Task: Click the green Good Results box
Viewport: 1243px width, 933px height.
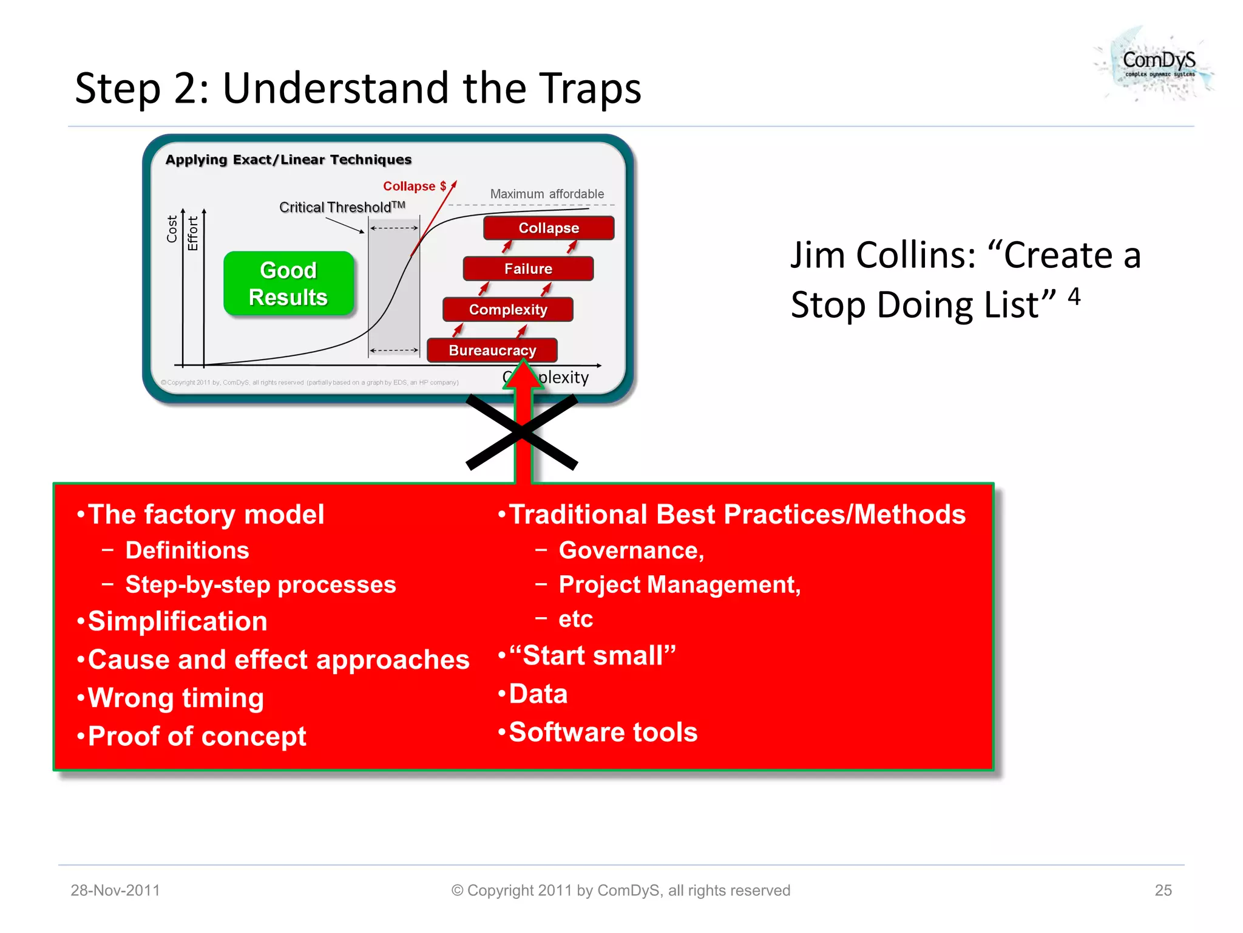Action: pyautogui.click(x=288, y=284)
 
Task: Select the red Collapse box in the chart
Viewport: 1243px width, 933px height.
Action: pyautogui.click(x=549, y=228)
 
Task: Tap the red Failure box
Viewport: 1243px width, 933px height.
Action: pyautogui.click(x=528, y=268)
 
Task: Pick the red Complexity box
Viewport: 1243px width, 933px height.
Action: pyautogui.click(x=508, y=309)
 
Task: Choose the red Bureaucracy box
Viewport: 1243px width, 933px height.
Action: pyautogui.click(x=492, y=350)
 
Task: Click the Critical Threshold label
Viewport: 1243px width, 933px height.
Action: pyautogui.click(x=341, y=207)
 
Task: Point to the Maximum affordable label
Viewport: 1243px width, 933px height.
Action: pyautogui.click(x=547, y=194)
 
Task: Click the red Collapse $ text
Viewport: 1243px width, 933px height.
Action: pyautogui.click(x=415, y=186)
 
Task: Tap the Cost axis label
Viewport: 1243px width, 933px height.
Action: pyautogui.click(x=172, y=229)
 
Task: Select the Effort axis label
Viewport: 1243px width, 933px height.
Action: pyautogui.click(x=193, y=233)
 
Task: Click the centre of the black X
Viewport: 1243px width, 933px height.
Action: pyautogui.click(x=522, y=432)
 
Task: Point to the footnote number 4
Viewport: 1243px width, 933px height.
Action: pyautogui.click(x=1074, y=296)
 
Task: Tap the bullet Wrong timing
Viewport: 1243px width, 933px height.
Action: pyautogui.click(x=175, y=697)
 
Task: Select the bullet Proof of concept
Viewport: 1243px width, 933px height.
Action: pyautogui.click(x=197, y=736)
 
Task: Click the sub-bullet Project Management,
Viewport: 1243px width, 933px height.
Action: pyautogui.click(x=679, y=584)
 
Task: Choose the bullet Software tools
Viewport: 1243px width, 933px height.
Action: pyautogui.click(x=603, y=732)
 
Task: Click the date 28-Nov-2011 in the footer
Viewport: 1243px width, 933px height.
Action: pyautogui.click(x=115, y=890)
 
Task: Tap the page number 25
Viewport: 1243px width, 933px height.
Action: pyautogui.click(x=1163, y=890)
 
